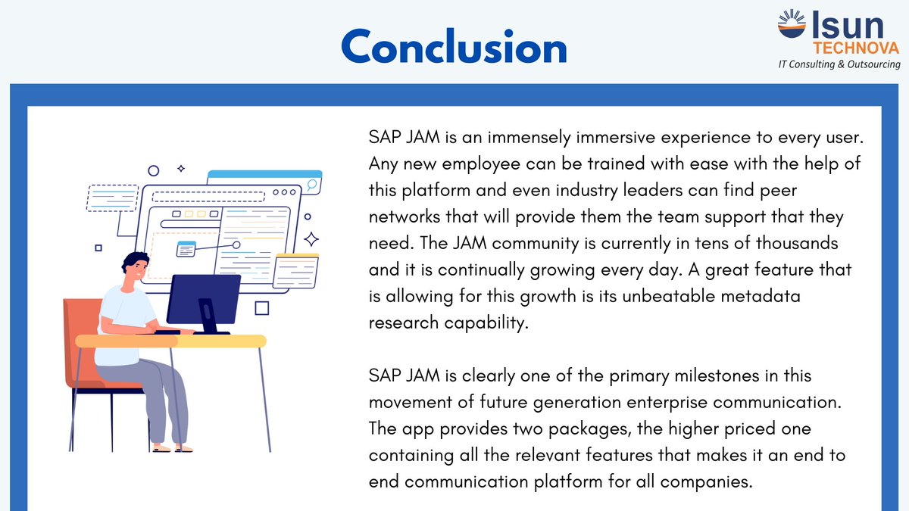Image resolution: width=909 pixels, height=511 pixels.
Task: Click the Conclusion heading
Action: tap(454, 47)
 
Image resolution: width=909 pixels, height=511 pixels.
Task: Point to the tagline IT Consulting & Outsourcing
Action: tap(839, 65)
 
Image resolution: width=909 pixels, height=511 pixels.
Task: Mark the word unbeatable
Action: tap(663, 297)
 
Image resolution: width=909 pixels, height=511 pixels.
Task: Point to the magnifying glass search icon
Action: tap(311, 185)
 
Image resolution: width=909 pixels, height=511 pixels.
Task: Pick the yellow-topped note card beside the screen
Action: tap(295, 272)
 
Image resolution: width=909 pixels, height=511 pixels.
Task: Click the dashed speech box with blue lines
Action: tap(112, 198)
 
